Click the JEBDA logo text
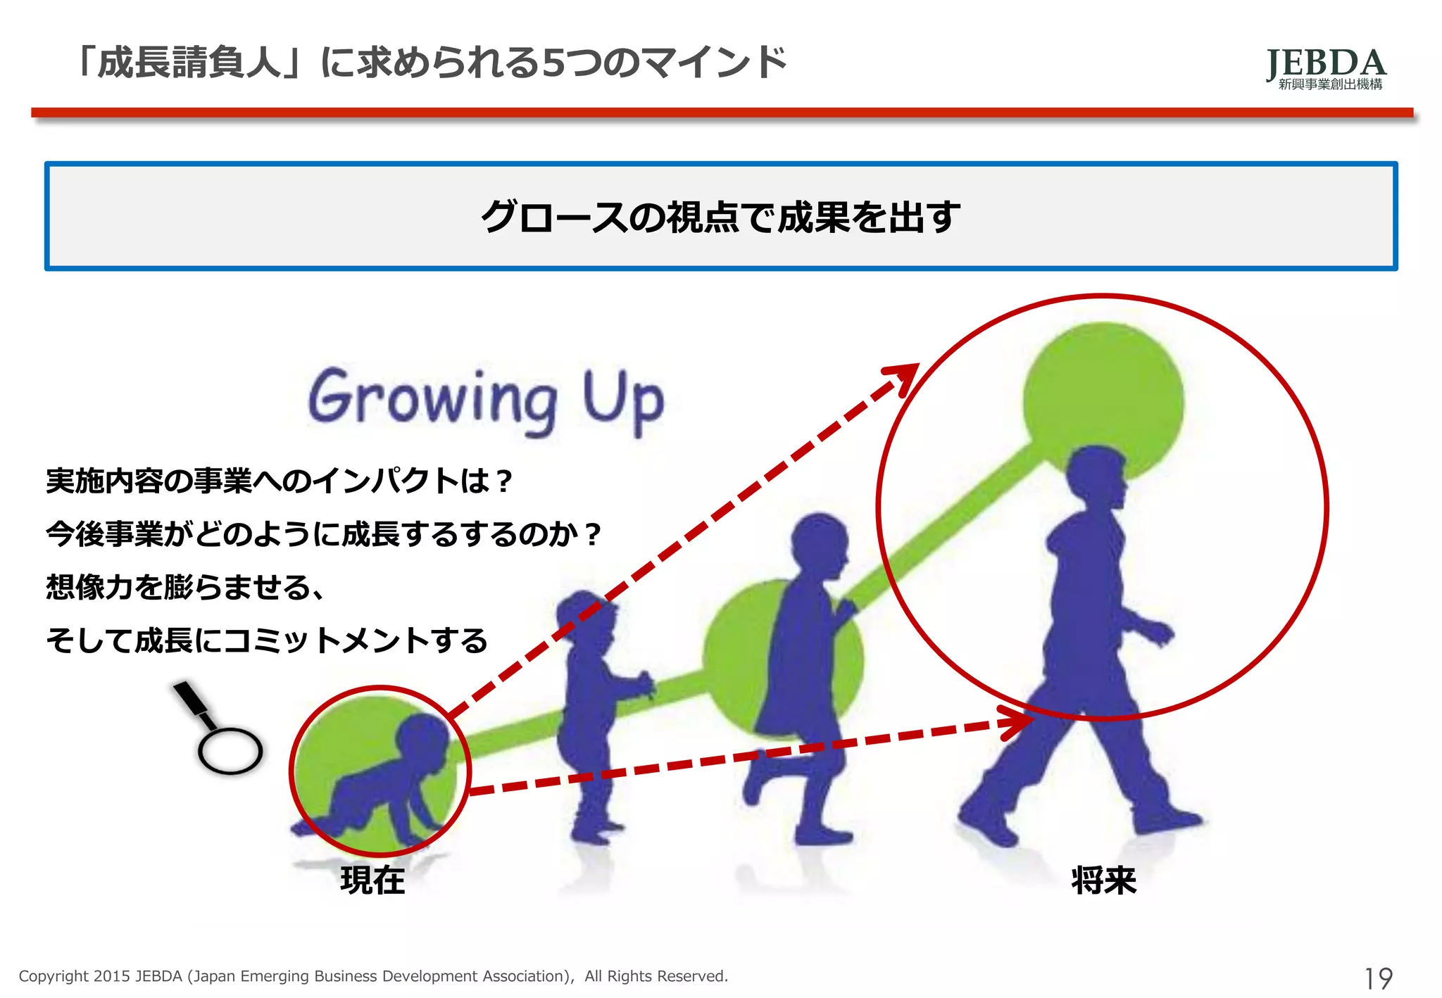(x=1326, y=63)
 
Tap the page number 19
(x=1378, y=978)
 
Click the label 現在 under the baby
(x=372, y=880)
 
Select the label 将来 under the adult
(x=1103, y=880)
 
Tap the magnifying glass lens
(x=230, y=750)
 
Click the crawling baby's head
(x=422, y=738)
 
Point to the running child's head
(x=818, y=543)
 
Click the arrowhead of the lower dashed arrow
(x=1020, y=722)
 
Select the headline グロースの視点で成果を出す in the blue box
(x=720, y=216)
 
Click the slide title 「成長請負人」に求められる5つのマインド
(x=431, y=63)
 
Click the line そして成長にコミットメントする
(x=266, y=640)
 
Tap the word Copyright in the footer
(x=54, y=976)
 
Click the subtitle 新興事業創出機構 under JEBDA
(x=1330, y=84)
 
